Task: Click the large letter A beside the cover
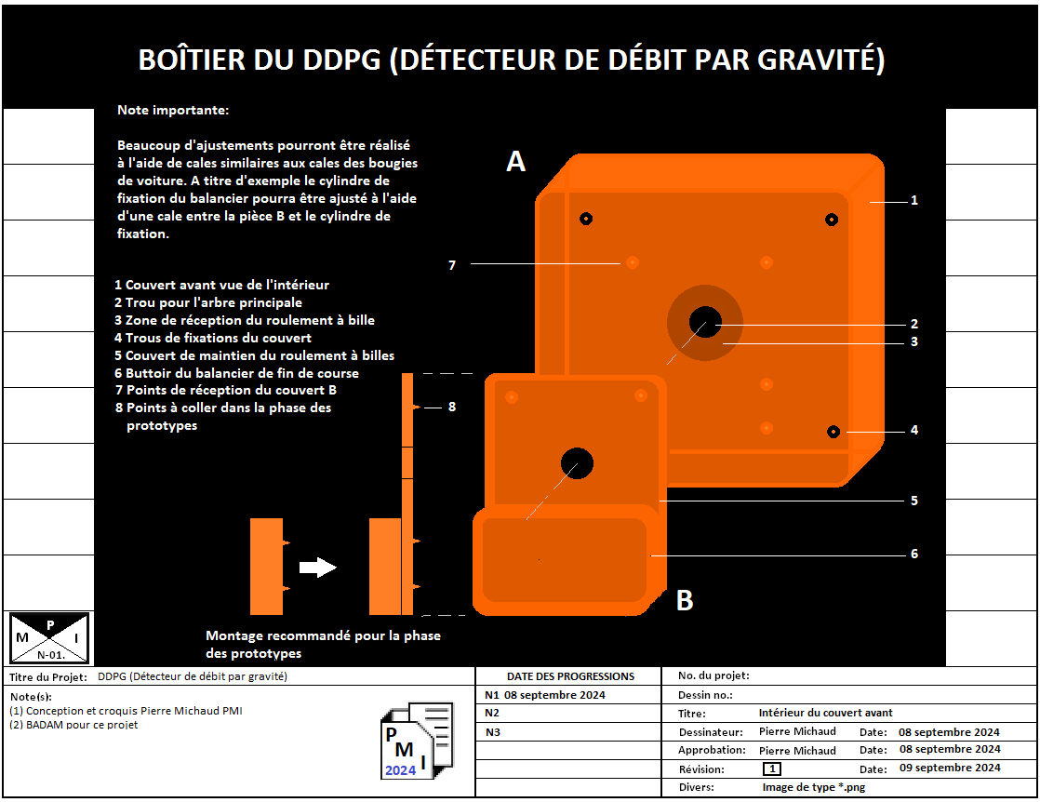[515, 162]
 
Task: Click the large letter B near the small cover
[685, 601]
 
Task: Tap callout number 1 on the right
[914, 200]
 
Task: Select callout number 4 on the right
[914, 430]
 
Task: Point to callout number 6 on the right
[914, 554]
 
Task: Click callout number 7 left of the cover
[452, 265]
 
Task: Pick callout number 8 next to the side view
[452, 407]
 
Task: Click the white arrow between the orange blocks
[317, 567]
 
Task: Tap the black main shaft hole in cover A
[704, 322]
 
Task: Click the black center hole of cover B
[577, 462]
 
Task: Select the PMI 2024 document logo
[417, 741]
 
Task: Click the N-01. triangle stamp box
[49, 637]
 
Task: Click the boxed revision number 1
[772, 769]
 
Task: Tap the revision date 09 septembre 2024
[950, 768]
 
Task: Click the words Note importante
[172, 111]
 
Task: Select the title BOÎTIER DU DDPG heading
[511, 60]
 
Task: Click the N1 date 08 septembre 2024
[554, 695]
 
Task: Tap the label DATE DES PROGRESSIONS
[570, 676]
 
